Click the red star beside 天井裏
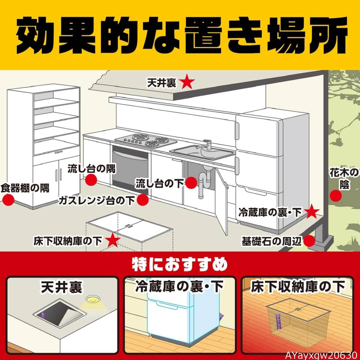coord(188,82)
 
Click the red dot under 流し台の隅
coord(91,180)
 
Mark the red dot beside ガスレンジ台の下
coord(143,200)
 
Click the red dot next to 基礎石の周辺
coord(309,241)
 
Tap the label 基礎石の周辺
coord(271,241)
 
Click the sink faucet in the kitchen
coord(207,146)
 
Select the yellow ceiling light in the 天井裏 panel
coord(92,300)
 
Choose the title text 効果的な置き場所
coord(180,34)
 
